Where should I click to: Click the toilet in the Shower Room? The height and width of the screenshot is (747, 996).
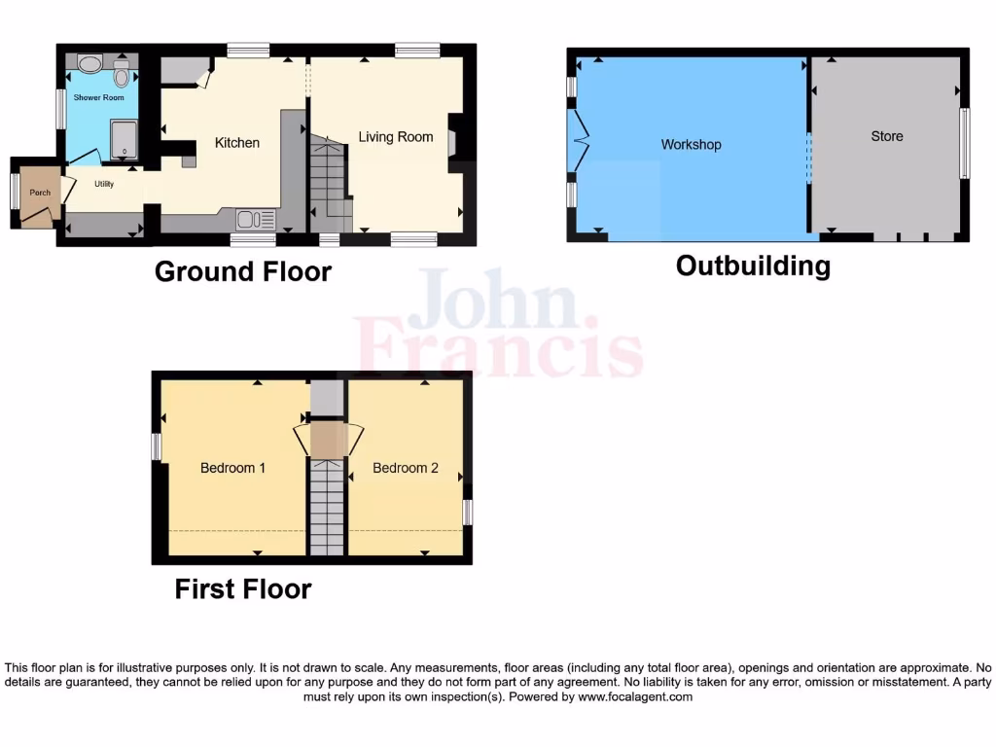click(x=122, y=75)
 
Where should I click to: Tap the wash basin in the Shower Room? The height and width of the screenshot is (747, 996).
click(x=89, y=65)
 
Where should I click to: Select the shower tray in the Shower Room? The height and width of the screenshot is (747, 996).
click(x=124, y=139)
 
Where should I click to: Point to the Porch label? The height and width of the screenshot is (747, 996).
click(x=40, y=193)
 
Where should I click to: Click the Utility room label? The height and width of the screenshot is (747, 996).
click(x=104, y=183)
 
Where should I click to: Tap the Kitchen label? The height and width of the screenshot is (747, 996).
click(x=237, y=143)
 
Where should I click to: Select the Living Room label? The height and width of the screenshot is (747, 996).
click(x=395, y=137)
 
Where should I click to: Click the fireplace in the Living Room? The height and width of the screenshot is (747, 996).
click(x=452, y=141)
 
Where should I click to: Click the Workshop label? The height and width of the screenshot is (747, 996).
click(x=691, y=145)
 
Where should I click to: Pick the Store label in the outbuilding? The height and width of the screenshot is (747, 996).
click(x=886, y=137)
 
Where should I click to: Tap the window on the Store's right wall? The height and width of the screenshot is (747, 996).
click(x=964, y=143)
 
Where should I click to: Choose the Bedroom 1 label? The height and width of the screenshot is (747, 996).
click(x=233, y=468)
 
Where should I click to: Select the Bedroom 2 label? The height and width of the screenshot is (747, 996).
click(x=406, y=468)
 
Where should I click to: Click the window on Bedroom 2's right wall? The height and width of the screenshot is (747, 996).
click(x=467, y=512)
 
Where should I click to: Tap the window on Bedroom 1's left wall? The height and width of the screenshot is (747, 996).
click(x=156, y=446)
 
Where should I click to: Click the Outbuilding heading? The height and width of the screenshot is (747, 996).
click(x=753, y=266)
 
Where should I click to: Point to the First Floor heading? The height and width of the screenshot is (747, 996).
click(x=243, y=588)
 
